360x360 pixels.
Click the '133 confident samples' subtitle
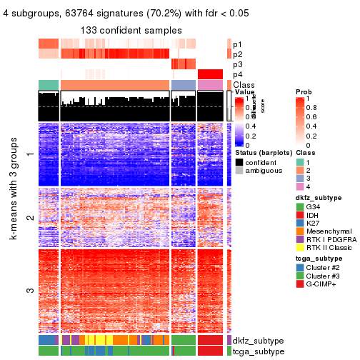click(131, 30)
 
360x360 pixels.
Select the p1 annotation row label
click(238, 44)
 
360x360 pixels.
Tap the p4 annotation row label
click(238, 74)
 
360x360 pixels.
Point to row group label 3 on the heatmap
click(29, 291)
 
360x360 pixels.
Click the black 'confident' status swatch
click(239, 162)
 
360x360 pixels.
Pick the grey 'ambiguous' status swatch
click(239, 171)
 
